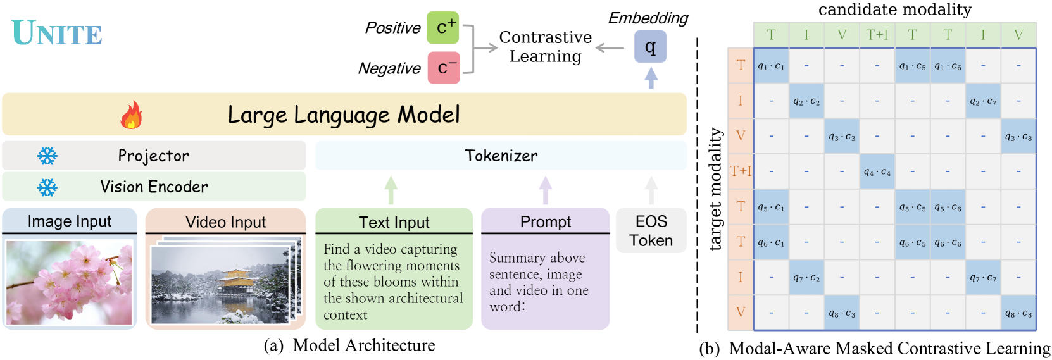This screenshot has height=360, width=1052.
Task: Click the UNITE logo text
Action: (x=57, y=34)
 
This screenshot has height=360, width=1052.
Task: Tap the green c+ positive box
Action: (x=442, y=27)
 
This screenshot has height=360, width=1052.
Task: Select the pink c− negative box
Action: (x=443, y=68)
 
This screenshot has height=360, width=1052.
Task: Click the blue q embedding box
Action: (x=650, y=46)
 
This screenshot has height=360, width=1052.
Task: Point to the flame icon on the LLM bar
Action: (x=131, y=115)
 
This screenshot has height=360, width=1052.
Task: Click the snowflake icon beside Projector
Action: (x=47, y=156)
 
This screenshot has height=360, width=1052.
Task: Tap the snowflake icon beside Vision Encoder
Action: (x=47, y=187)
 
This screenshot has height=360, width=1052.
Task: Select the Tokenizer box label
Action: (x=501, y=156)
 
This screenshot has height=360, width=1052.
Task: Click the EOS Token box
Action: (x=651, y=230)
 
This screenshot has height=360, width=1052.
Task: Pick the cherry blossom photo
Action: (x=69, y=282)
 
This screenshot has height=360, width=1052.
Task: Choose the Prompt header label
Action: (x=545, y=221)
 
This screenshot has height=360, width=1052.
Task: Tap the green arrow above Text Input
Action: (x=391, y=189)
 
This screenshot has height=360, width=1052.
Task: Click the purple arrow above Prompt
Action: (x=545, y=189)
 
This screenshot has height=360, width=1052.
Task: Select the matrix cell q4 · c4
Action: (x=877, y=171)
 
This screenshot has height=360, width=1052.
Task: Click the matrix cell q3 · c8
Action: (x=1018, y=136)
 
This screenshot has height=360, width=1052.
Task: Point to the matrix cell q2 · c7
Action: (x=982, y=101)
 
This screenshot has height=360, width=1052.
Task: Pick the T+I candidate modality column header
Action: (x=877, y=35)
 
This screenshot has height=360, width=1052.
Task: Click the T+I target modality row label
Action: (x=740, y=171)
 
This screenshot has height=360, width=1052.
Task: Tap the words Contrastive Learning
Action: (x=545, y=47)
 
